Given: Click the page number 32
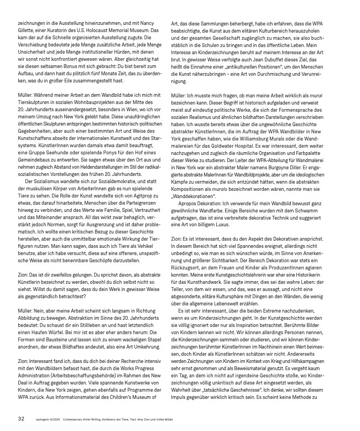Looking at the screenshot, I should coord(20,419).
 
